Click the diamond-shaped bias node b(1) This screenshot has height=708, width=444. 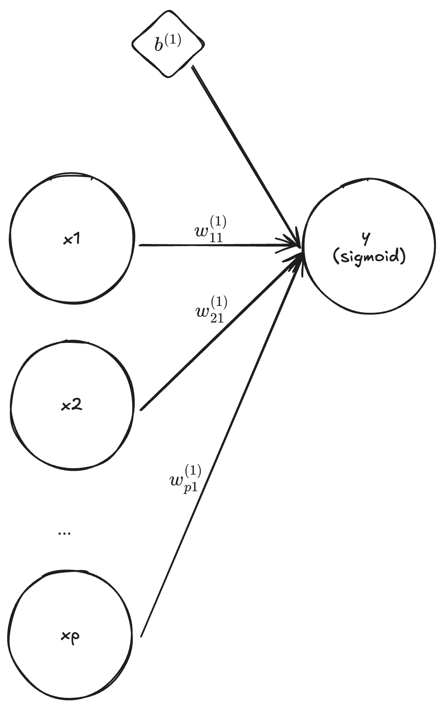pyautogui.click(x=168, y=45)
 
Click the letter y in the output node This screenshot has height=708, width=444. pyautogui.click(x=366, y=240)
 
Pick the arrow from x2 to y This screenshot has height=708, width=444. pyautogui.click(x=218, y=334)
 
